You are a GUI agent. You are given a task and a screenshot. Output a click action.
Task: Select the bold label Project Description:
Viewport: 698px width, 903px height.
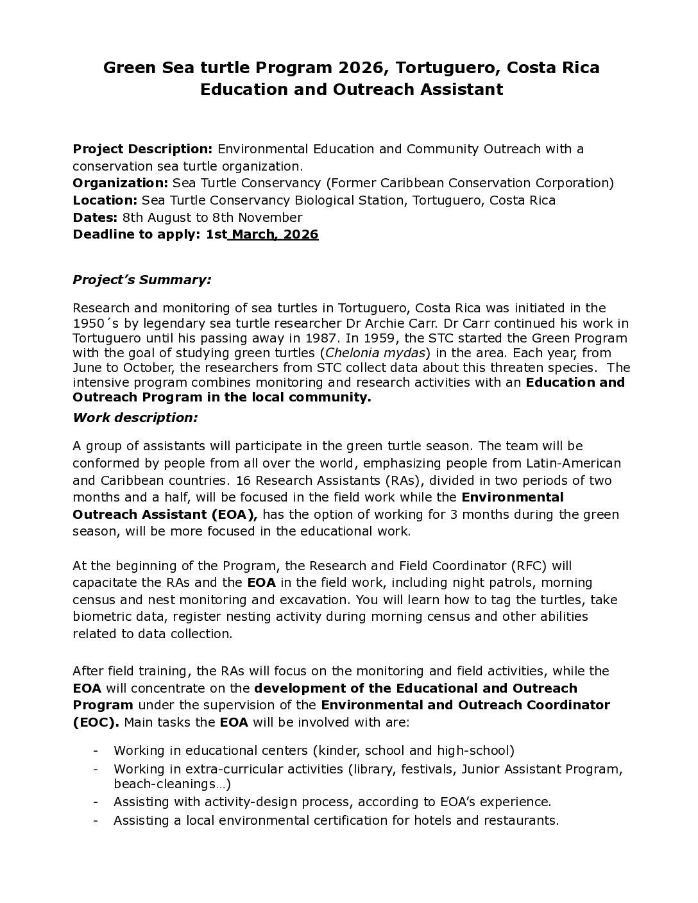tap(142, 149)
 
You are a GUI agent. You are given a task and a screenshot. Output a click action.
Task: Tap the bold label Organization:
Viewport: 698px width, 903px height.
tap(121, 183)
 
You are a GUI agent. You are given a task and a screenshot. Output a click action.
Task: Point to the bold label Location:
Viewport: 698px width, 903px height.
tap(105, 200)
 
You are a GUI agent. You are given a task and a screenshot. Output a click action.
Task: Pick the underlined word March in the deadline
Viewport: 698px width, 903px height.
tap(255, 234)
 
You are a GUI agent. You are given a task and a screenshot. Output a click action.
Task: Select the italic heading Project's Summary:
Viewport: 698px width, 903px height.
tap(142, 280)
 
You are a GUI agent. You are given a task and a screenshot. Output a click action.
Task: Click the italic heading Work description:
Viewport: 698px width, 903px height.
tap(135, 418)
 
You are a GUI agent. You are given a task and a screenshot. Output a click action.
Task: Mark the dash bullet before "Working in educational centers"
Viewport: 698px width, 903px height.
tap(96, 750)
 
